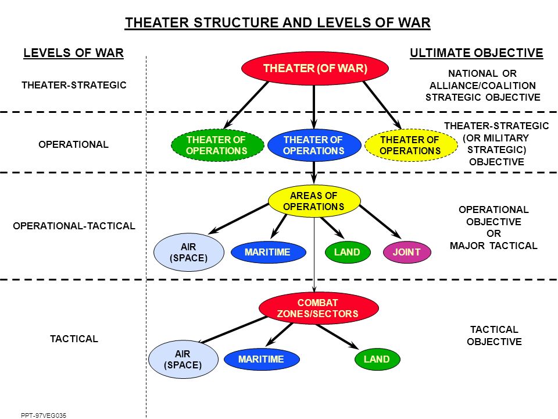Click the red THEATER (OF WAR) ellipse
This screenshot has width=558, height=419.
click(314, 68)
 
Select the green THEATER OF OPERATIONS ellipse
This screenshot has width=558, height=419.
click(217, 145)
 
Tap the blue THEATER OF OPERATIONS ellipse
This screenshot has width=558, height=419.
click(314, 145)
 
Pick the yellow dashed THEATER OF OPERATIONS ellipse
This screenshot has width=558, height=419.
click(411, 145)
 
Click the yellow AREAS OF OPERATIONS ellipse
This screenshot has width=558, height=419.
click(314, 201)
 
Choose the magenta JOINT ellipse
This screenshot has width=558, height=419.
click(407, 252)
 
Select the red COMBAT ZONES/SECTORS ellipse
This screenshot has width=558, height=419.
click(318, 308)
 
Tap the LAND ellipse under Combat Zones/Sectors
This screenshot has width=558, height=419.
click(377, 359)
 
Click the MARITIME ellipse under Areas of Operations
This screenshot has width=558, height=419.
click(269, 252)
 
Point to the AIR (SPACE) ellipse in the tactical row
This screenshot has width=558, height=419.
click(183, 359)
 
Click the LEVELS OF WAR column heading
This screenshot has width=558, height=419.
click(73, 53)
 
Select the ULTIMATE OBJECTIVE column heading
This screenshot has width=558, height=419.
click(477, 53)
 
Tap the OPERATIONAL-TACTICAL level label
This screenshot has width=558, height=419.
click(74, 226)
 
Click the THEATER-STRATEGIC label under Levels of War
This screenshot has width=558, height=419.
click(74, 85)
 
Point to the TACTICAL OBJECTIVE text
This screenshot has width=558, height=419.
click(494, 335)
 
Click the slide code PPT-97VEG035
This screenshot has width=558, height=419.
click(44, 415)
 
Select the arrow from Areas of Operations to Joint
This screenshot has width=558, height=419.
click(380, 222)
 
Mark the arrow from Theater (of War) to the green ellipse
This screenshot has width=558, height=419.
click(246, 105)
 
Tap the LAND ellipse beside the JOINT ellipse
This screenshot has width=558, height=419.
click(348, 252)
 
